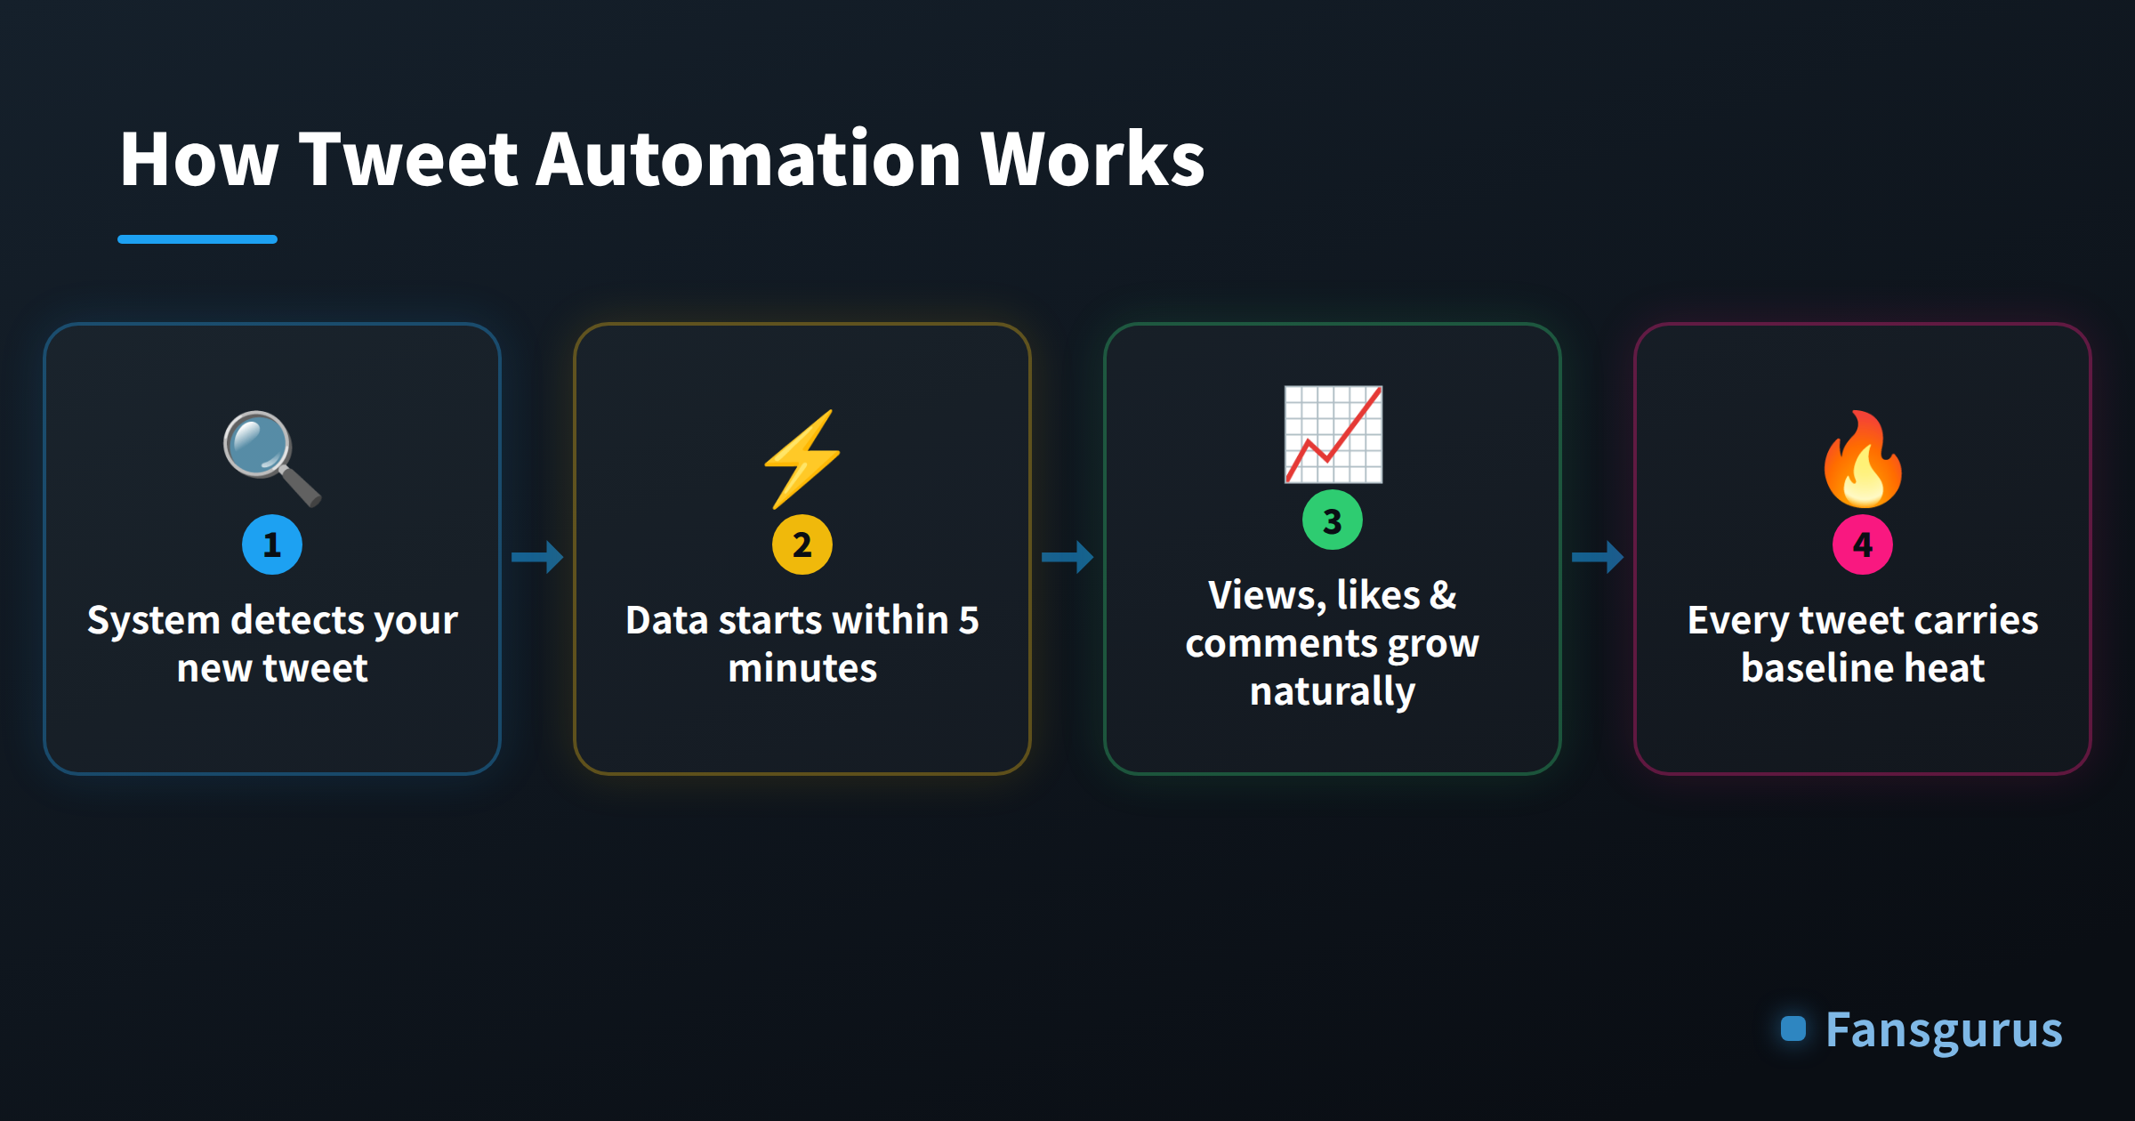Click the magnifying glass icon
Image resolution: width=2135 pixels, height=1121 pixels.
click(272, 459)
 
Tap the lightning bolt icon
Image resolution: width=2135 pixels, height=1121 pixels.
click(802, 459)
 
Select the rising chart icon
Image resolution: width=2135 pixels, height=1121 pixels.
click(1333, 434)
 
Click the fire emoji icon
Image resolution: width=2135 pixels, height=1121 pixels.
click(1863, 459)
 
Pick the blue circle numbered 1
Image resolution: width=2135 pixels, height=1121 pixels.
click(272, 544)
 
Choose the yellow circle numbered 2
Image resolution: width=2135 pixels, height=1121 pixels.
click(802, 544)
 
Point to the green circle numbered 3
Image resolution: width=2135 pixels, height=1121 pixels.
click(1333, 520)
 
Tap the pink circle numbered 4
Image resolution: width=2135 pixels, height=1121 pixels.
click(1863, 544)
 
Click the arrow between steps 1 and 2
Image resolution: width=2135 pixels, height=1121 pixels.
click(537, 557)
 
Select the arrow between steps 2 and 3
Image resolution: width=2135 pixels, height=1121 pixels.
click(1067, 557)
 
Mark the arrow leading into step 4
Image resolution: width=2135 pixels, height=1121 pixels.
click(1598, 557)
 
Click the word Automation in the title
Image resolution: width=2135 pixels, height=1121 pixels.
click(748, 159)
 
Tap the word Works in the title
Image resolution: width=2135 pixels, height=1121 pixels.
click(1092, 159)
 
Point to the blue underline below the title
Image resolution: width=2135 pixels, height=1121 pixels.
click(197, 239)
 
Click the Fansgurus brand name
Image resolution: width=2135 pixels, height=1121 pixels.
click(1944, 1031)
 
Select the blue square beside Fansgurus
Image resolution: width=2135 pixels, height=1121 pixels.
click(1793, 1028)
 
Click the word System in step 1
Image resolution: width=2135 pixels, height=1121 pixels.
click(154, 621)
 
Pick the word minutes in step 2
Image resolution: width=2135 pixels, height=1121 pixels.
click(802, 668)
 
